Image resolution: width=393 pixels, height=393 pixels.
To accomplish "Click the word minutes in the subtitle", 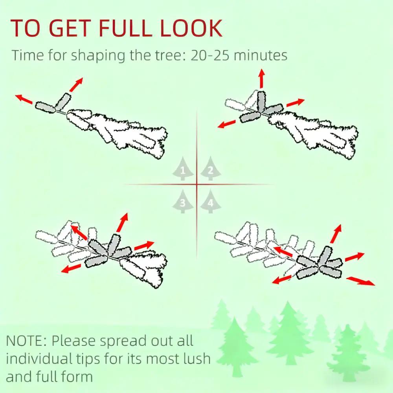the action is pos(261,55).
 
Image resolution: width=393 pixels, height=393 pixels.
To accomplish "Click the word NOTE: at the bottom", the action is pos(26,341).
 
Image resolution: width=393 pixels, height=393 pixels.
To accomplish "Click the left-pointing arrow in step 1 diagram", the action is pos(24,99).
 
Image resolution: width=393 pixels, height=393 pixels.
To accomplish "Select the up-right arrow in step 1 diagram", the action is pos(76,84).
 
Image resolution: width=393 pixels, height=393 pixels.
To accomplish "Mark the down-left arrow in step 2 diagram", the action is pos(227,124).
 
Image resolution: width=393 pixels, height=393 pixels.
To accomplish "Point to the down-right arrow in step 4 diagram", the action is pos(361,281).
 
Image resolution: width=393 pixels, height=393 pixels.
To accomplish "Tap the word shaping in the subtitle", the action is pos(98,56).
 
